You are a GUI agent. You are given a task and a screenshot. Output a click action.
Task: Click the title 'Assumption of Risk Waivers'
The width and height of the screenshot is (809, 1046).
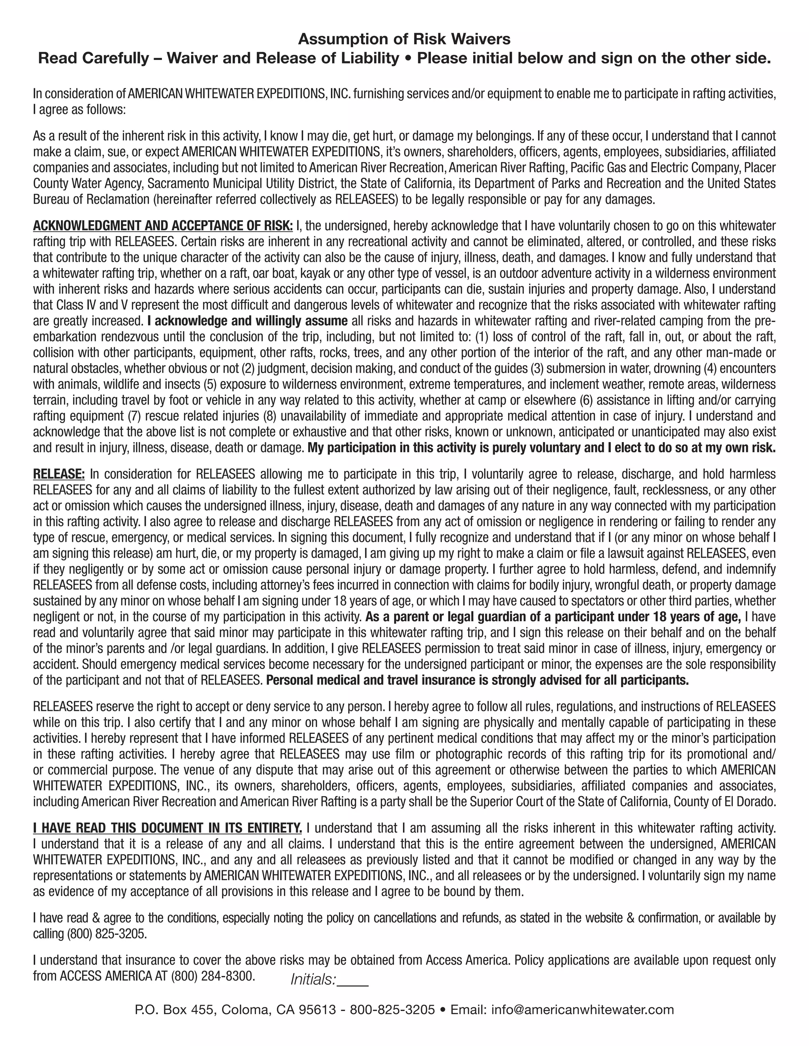[404, 38]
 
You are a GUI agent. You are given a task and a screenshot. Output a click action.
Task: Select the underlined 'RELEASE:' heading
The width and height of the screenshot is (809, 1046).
[59, 474]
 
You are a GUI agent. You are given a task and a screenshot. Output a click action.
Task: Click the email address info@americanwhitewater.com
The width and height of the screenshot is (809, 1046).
[583, 1010]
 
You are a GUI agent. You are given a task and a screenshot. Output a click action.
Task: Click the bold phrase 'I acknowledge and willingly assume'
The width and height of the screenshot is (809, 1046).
[248, 321]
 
